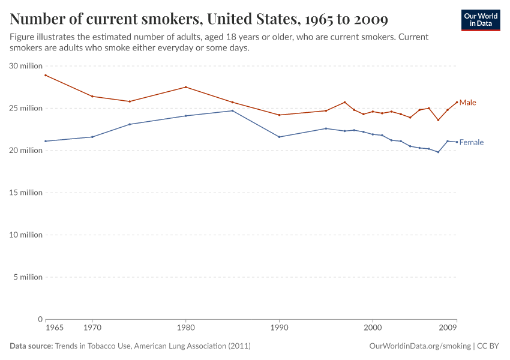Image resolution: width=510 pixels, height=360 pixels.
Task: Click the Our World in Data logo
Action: (480, 20)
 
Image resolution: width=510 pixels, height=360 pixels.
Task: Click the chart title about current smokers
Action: (199, 19)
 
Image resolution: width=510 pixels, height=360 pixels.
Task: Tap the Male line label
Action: (467, 103)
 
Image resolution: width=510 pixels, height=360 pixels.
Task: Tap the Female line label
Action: (471, 143)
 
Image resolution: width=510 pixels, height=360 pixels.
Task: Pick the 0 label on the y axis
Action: (40, 319)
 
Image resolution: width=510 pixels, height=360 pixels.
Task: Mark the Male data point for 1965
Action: (46, 75)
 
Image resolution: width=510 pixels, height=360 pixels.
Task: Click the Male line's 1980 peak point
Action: (185, 87)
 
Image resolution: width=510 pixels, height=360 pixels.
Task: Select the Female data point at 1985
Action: (232, 110)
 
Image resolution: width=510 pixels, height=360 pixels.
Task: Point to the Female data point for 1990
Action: (279, 137)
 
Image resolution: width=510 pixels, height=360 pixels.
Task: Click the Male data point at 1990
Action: (279, 115)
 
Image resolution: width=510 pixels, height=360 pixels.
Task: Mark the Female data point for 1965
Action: (46, 141)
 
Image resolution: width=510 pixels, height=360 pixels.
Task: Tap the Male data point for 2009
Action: (457, 102)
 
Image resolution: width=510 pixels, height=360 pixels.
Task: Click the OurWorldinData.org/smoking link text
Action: (420, 346)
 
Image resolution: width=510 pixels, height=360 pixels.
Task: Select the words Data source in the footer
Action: (31, 346)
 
